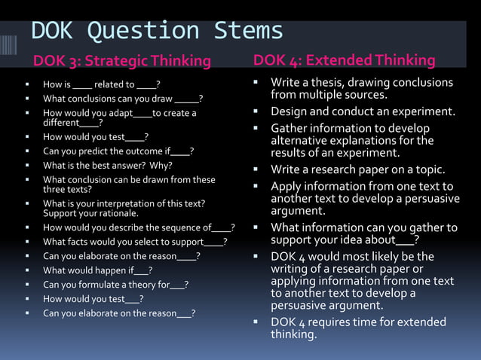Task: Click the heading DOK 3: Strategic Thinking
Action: [x=121, y=61]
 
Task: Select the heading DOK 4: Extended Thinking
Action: [x=345, y=60]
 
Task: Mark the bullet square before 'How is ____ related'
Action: [x=28, y=85]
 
